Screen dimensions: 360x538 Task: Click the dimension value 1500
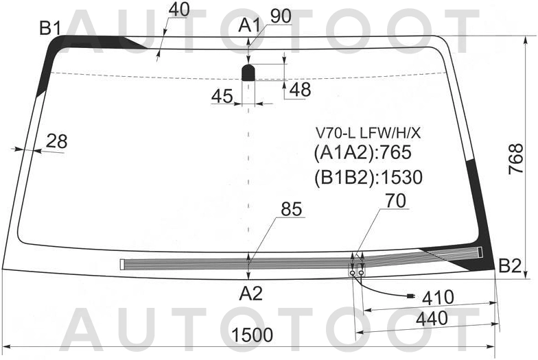252,336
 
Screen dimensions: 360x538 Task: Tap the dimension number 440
432,319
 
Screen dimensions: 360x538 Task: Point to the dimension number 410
438,298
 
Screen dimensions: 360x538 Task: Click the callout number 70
396,201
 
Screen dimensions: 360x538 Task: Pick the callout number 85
292,210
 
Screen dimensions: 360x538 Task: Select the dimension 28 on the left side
57,141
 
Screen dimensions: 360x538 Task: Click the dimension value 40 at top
178,10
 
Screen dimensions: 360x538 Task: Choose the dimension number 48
300,90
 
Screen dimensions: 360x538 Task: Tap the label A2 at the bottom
250,293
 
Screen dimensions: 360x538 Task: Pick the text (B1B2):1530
368,178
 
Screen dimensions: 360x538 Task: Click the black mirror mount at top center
248,71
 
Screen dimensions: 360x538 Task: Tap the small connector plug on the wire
410,296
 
